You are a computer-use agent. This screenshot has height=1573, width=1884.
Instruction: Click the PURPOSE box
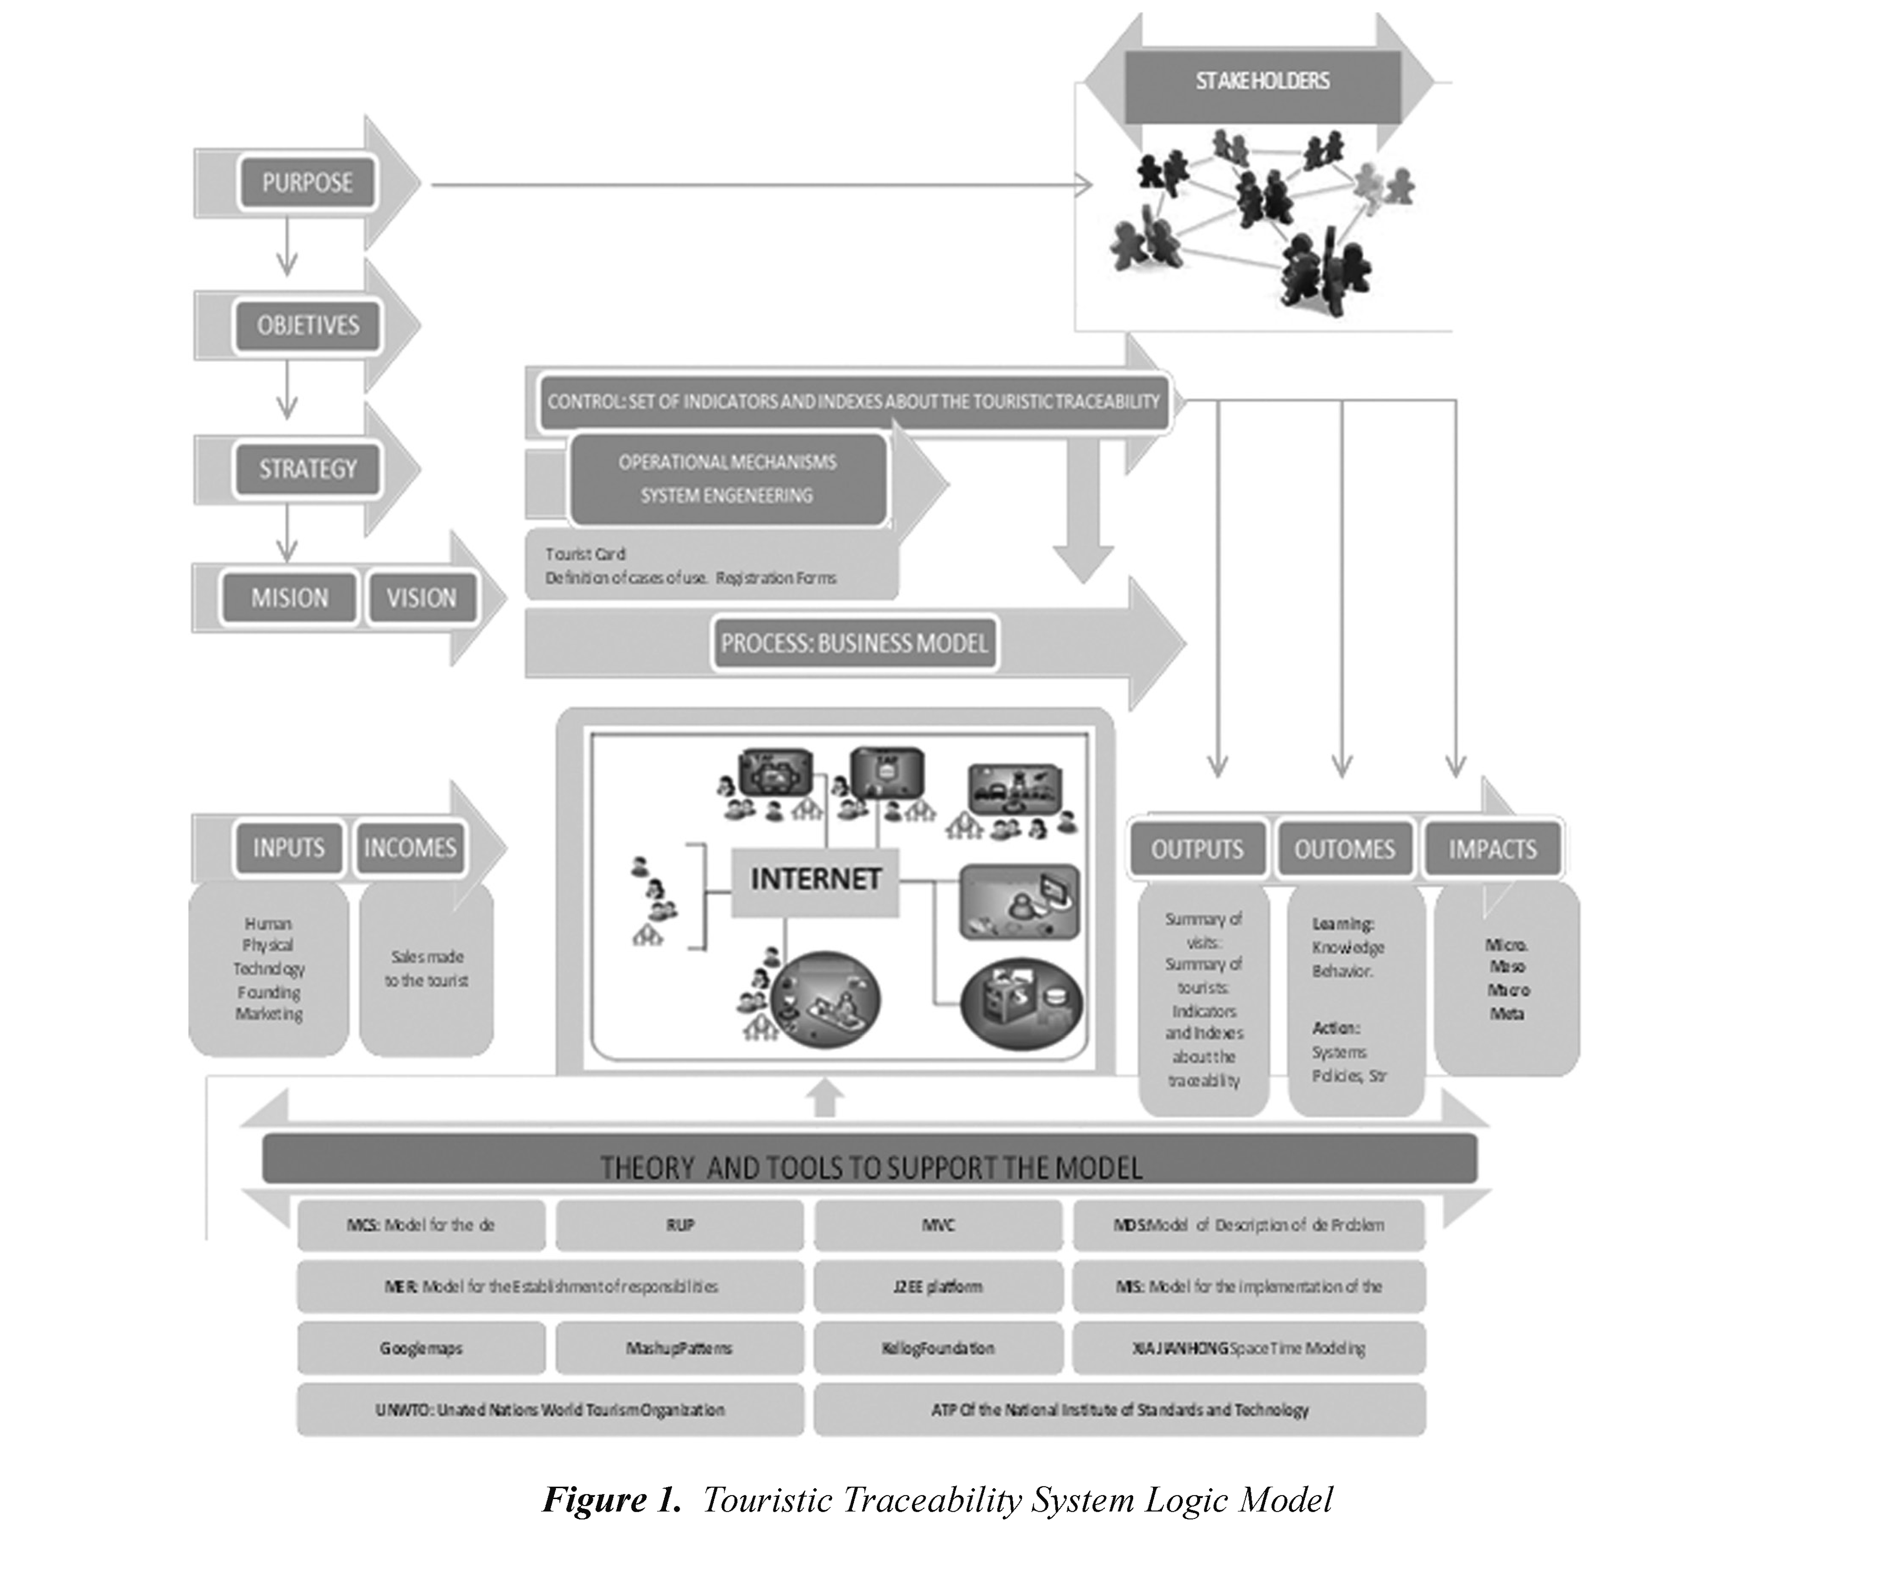(307, 183)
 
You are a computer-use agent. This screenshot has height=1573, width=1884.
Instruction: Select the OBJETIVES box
(308, 325)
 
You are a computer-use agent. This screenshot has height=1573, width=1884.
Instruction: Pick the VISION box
(421, 598)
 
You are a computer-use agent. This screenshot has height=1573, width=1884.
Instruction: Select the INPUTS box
(288, 848)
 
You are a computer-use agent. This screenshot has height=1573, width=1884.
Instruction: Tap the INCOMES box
(410, 848)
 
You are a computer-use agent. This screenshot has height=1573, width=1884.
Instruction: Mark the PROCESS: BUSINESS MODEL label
(854, 644)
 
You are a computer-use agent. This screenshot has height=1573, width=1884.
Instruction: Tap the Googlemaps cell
(421, 1349)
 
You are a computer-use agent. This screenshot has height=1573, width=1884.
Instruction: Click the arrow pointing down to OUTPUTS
(1218, 592)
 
